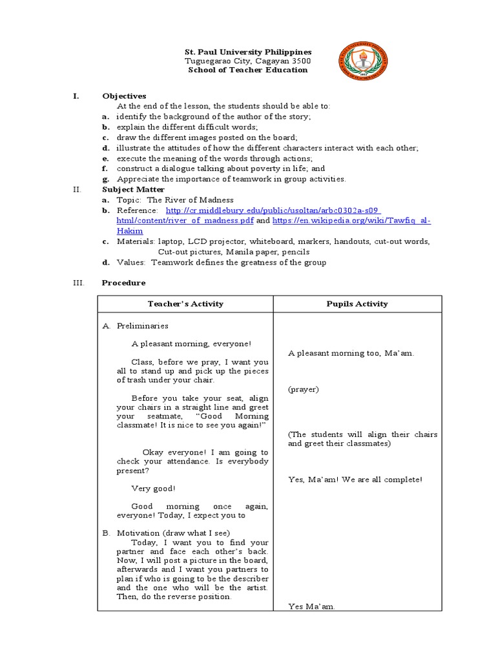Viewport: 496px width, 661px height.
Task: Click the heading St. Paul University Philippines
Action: [249, 52]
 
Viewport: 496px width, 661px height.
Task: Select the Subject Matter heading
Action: [133, 190]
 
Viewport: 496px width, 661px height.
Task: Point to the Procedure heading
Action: [124, 283]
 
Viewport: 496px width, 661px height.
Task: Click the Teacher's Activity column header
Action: [185, 304]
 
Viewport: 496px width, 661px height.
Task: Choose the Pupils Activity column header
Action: [358, 304]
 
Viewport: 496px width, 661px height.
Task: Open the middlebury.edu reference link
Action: [273, 210]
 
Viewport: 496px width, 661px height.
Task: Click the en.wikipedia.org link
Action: [351, 221]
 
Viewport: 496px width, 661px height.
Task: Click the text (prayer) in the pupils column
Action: [304, 389]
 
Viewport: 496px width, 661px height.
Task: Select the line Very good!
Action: [153, 489]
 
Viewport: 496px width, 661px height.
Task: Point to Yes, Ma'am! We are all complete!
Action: [355, 480]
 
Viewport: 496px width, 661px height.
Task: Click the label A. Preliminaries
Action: [136, 326]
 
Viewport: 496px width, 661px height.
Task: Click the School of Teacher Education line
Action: [248, 70]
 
